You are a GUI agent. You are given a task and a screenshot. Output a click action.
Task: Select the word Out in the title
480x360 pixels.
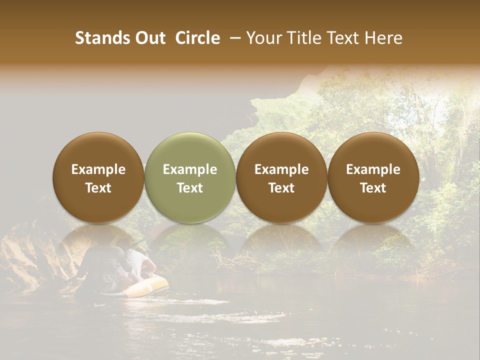click(x=149, y=38)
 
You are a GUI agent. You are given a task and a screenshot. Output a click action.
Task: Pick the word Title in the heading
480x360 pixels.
click(x=304, y=38)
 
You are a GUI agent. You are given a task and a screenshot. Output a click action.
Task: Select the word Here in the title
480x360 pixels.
click(x=384, y=38)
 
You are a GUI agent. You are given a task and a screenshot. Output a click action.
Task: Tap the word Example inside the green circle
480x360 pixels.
click(x=190, y=169)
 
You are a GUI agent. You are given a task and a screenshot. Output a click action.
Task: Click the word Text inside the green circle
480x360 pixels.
click(x=190, y=188)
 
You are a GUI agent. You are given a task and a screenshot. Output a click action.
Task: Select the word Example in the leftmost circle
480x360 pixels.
click(x=98, y=169)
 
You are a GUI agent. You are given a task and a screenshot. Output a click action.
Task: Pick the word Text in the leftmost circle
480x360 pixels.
click(x=98, y=188)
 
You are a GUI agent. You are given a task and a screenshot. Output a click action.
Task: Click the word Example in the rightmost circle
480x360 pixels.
click(x=373, y=169)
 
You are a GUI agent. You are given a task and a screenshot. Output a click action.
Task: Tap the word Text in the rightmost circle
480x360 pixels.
click(x=373, y=188)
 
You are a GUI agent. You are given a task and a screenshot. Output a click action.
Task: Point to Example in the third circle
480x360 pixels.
click(x=281, y=169)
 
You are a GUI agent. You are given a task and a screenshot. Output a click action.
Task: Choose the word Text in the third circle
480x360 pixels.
click(x=281, y=188)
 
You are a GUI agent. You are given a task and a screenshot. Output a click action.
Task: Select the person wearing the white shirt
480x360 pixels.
click(x=140, y=265)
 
